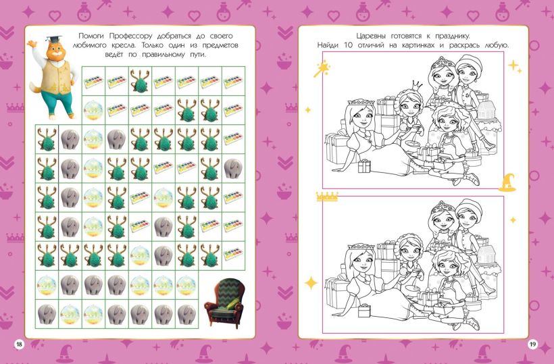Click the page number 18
click(x=19, y=344)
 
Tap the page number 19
click(x=532, y=344)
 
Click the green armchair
click(x=224, y=303)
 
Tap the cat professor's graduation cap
click(x=53, y=39)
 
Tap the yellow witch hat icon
click(x=507, y=182)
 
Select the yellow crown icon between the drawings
click(x=327, y=197)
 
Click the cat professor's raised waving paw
click(x=32, y=45)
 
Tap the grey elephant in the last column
click(x=233, y=168)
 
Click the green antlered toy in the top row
click(x=140, y=81)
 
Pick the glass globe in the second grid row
click(x=94, y=110)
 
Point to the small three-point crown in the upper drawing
click(x=418, y=84)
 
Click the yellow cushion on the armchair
click(x=234, y=303)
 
